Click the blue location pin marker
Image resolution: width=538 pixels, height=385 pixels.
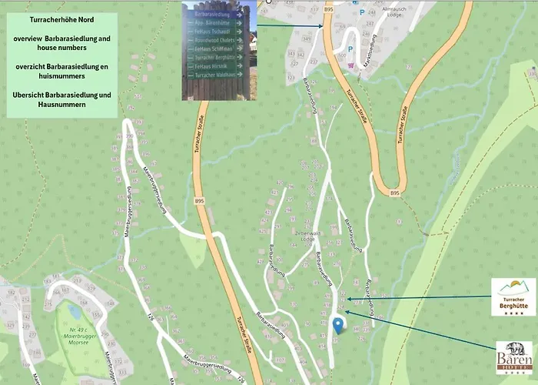pos(337,324)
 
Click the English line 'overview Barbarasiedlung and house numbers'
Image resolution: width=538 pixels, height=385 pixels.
pos(61,42)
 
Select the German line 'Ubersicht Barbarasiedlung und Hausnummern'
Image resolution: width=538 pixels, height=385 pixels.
pos(61,99)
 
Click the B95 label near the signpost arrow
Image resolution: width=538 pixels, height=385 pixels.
pos(329,8)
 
